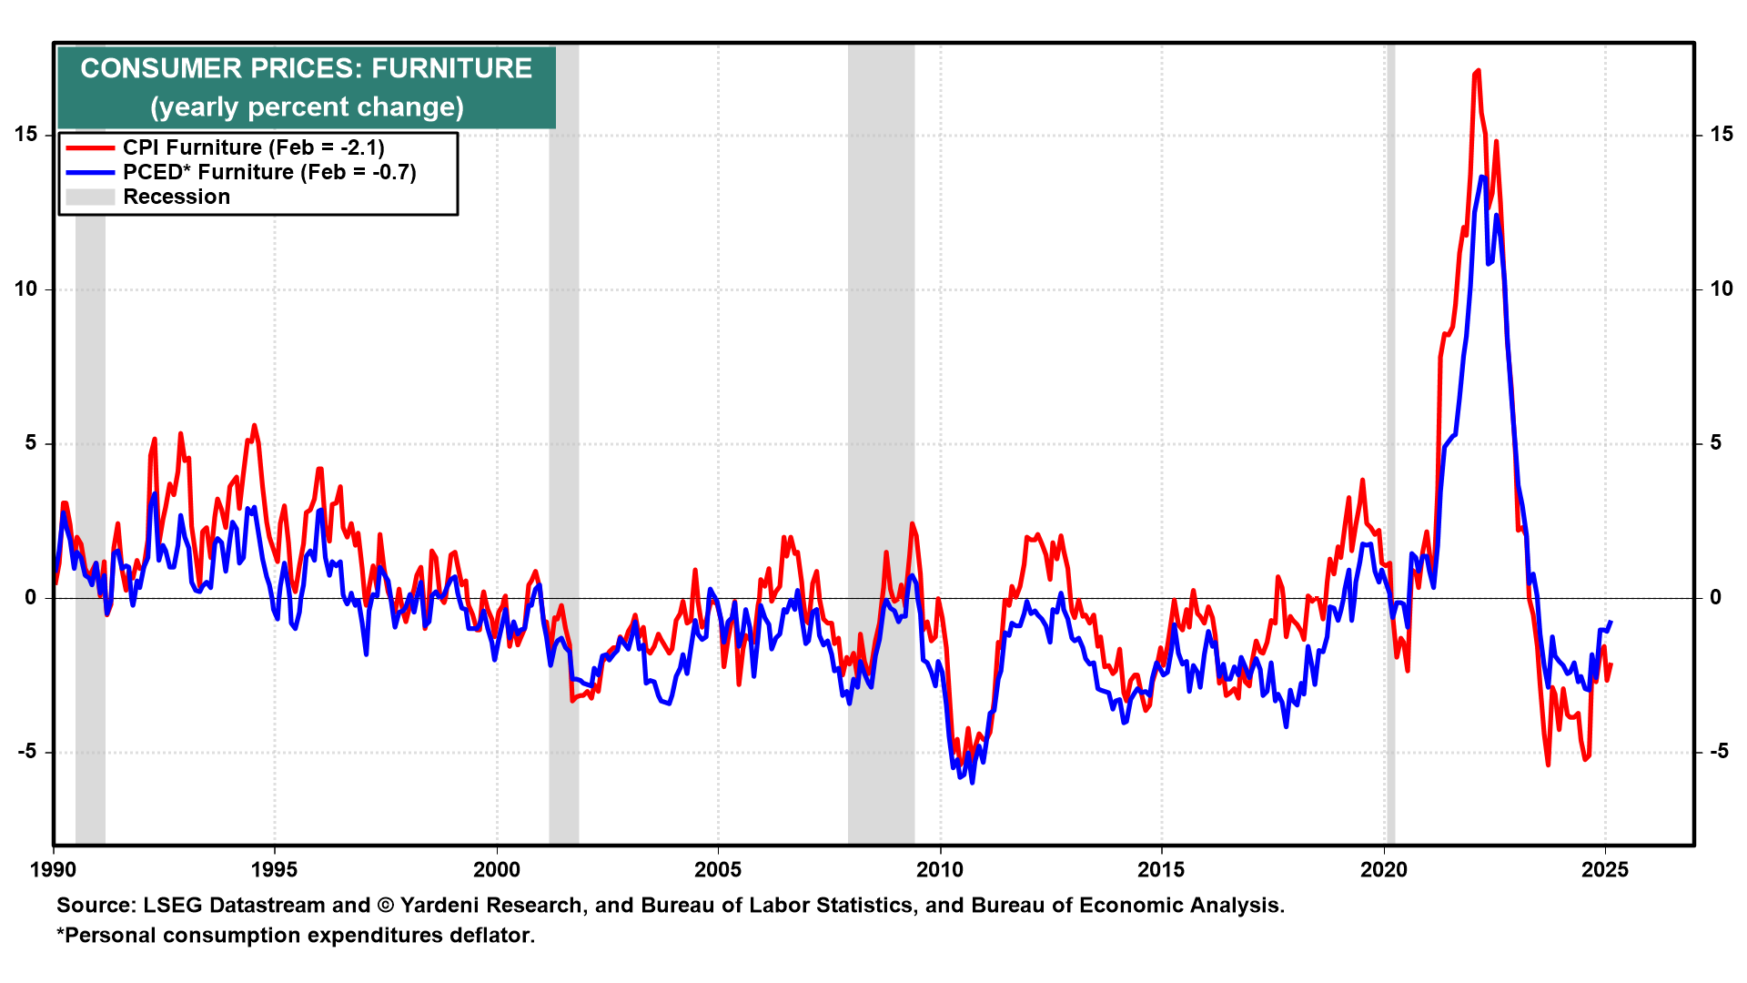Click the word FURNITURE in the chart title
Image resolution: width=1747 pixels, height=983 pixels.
[x=451, y=68]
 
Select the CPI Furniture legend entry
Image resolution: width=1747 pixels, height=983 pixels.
[x=253, y=147]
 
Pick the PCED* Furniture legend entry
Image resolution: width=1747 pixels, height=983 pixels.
[x=269, y=172]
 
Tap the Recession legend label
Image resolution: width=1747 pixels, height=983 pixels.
[x=177, y=197]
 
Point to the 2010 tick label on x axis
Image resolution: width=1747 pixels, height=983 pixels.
[x=939, y=869]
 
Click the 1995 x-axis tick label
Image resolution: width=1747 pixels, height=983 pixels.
[x=274, y=869]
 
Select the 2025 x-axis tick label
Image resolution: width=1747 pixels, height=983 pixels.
[x=1605, y=869]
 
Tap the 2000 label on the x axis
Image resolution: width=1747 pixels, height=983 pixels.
[x=497, y=869]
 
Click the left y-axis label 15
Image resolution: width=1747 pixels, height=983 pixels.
[x=26, y=135]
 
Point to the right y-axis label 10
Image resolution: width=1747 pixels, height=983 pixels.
[x=1721, y=289]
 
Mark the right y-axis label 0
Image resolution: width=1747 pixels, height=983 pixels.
[x=1715, y=598]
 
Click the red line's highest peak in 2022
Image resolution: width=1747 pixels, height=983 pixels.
[x=1478, y=70]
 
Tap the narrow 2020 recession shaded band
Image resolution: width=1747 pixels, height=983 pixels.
[x=1390, y=455]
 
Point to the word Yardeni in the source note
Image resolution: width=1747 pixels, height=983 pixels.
[x=441, y=906]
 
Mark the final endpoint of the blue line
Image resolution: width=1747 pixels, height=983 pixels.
[x=1611, y=623]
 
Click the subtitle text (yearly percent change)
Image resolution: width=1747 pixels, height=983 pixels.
[x=307, y=107]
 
